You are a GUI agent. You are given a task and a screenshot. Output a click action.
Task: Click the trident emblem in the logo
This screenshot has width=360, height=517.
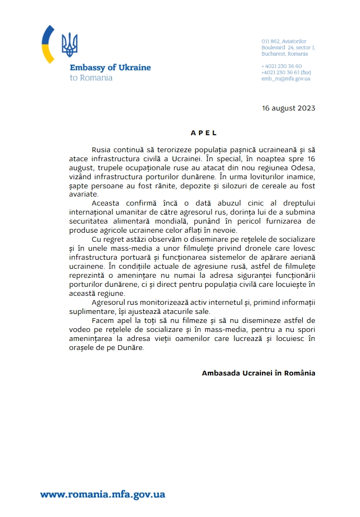pyautogui.click(x=69, y=45)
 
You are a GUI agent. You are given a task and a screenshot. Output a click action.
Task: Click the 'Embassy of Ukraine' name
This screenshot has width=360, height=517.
pyautogui.click(x=110, y=68)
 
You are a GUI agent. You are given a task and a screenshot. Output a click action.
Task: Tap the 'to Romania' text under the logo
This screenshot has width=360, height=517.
pyautogui.click(x=91, y=77)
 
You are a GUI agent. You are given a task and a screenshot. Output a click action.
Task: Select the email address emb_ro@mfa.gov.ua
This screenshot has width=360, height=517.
pyautogui.click(x=285, y=78)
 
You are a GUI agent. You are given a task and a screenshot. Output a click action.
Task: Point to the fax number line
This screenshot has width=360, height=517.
pyautogui.click(x=286, y=72)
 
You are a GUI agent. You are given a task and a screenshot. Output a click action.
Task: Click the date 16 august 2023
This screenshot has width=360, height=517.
pyautogui.click(x=288, y=108)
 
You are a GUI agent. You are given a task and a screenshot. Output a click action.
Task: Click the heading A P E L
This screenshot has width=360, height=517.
pyautogui.click(x=204, y=133)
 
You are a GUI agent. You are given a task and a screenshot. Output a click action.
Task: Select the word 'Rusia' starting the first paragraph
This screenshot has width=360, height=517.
pyautogui.click(x=102, y=150)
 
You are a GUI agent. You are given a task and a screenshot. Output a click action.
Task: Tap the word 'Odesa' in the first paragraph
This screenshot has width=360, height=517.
pyautogui.click(x=304, y=167)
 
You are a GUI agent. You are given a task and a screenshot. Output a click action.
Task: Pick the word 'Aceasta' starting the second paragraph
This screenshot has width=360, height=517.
pyautogui.click(x=106, y=203)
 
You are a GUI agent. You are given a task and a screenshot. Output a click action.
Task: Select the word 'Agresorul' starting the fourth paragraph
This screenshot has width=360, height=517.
pyautogui.click(x=110, y=302)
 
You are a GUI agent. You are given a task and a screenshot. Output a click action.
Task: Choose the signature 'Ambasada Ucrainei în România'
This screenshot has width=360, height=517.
pyautogui.click(x=258, y=373)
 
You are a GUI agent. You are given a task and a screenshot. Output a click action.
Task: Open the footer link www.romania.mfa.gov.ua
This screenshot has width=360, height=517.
pyautogui.click(x=102, y=494)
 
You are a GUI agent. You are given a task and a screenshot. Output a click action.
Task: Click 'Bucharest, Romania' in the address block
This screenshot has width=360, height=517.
pyautogui.click(x=284, y=54)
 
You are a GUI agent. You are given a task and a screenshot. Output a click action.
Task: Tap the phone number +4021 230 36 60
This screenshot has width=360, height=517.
pyautogui.click(x=282, y=66)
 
